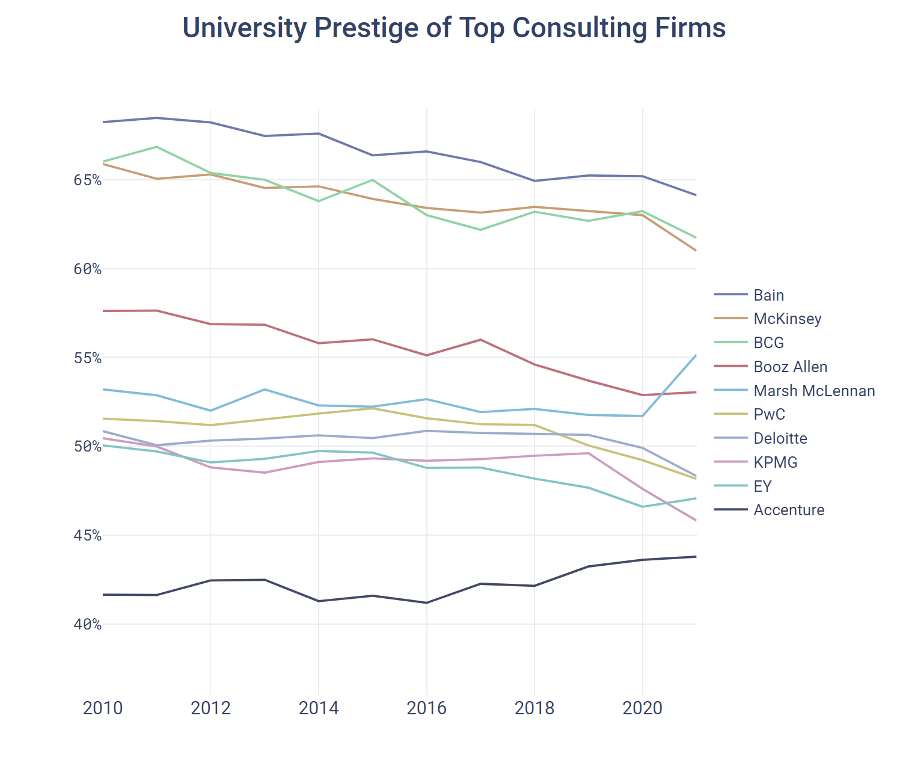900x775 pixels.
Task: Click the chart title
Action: tap(454, 28)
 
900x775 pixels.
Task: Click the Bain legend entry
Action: tap(768, 295)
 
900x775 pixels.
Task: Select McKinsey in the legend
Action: tap(787, 319)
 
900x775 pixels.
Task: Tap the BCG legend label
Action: tap(768, 343)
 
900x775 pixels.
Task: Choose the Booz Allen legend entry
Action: tap(790, 367)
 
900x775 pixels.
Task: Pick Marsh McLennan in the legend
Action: tap(814, 391)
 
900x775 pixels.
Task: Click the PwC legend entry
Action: tap(769, 414)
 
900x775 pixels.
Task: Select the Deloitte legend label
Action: tap(780, 438)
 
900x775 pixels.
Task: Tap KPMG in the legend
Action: tap(775, 462)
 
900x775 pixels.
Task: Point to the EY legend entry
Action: tap(762, 486)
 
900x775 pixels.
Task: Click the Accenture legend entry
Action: tap(789, 510)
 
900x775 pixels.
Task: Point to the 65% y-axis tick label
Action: tap(88, 180)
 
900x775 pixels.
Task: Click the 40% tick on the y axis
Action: tap(88, 624)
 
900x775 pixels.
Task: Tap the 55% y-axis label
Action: tap(88, 358)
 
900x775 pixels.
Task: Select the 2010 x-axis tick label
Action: tap(103, 708)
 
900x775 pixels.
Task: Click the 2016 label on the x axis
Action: tap(426, 708)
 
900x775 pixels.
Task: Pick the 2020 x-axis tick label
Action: tap(642, 708)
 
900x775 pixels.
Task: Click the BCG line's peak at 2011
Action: tap(157, 147)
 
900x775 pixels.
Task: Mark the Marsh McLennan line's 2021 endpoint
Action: tap(696, 355)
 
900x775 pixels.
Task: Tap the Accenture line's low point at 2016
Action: tap(426, 602)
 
